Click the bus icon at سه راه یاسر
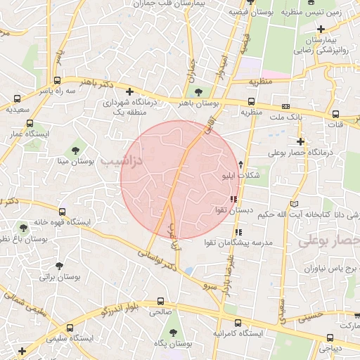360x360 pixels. coord(56,81)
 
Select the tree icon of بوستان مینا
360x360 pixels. coord(75,150)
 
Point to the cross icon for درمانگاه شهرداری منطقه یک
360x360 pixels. coord(129,91)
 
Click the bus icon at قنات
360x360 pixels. coord(336,113)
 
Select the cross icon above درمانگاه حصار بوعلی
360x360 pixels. coord(301,141)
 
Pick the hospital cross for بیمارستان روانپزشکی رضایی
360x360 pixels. coord(321,29)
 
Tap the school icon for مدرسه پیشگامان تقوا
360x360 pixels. coord(238,231)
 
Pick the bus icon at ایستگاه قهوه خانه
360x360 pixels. coord(62,211)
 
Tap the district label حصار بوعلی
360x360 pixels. coord(330,241)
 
